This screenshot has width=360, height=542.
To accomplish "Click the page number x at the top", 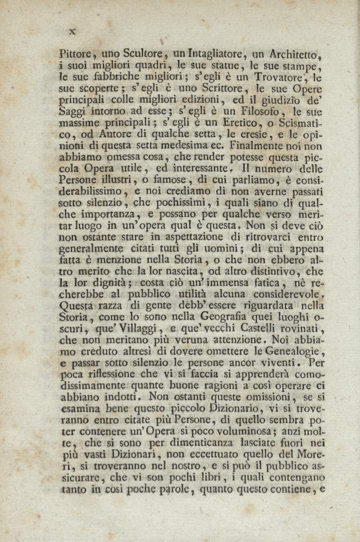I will point(72,31).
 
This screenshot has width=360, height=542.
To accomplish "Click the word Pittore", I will point(77,53).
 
